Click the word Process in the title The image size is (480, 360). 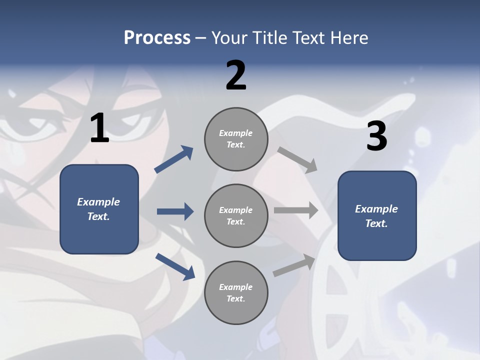pos(157,38)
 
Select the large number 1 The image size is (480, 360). pos(99,128)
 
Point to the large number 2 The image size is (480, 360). pos(236,75)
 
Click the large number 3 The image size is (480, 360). pos(376,136)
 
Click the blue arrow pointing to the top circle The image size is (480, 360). pos(174,159)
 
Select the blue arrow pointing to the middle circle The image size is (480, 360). pos(175,211)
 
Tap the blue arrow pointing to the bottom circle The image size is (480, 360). pos(175,266)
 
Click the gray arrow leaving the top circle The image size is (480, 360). pos(297,159)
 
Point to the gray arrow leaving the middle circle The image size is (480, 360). pos(296,210)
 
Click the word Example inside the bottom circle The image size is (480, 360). pos(236,287)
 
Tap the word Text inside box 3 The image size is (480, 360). pos(376,223)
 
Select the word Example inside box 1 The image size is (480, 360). pos(98,202)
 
